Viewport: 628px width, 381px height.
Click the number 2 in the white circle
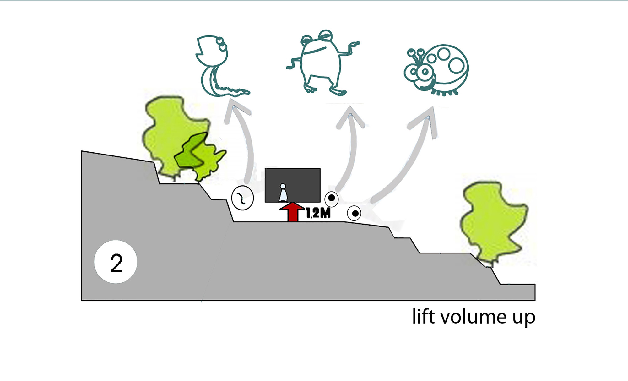pos(116,263)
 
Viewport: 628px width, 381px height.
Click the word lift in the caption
pos(424,316)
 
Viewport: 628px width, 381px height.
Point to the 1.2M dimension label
pos(318,214)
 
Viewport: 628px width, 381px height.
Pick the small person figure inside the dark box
pos(283,193)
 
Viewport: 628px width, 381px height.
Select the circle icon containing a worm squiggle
pos(242,198)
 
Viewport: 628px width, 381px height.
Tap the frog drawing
pos(320,63)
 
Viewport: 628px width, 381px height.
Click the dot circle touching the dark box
pos(332,198)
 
